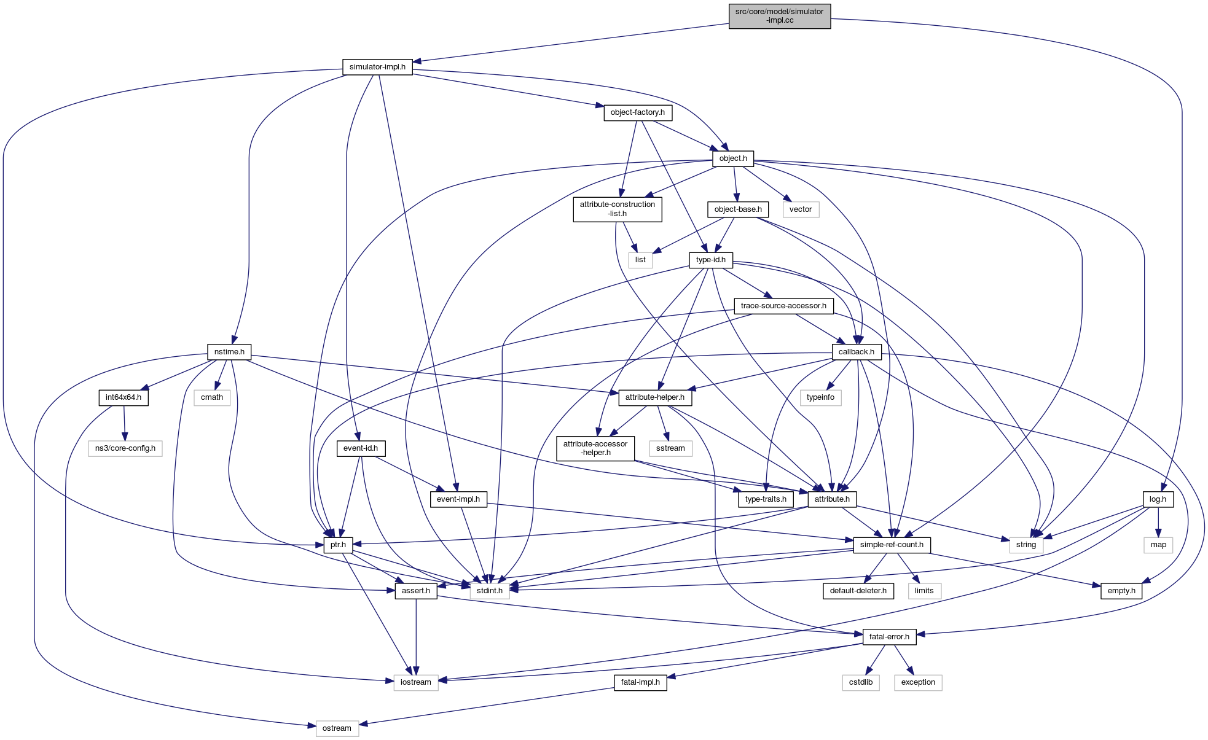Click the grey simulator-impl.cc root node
point(779,16)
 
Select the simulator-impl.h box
point(377,67)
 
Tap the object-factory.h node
point(637,112)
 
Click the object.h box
point(733,158)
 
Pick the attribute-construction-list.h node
point(618,209)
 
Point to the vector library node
point(801,209)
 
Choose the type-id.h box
point(711,260)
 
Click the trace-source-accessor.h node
point(783,306)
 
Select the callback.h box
point(856,352)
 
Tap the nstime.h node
point(229,352)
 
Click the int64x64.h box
point(124,397)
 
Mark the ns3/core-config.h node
point(125,448)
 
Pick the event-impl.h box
point(458,499)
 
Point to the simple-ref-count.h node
point(892,545)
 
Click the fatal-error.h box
point(889,637)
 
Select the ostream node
point(337,728)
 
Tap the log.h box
point(1158,499)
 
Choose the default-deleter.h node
point(858,591)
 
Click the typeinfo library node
point(820,397)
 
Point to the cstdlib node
point(861,682)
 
